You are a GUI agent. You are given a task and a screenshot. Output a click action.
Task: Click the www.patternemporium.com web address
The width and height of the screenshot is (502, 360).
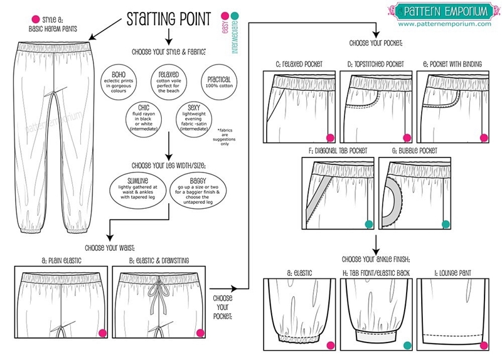(444, 24)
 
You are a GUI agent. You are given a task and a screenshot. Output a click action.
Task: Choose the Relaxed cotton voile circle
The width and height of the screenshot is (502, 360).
(166, 81)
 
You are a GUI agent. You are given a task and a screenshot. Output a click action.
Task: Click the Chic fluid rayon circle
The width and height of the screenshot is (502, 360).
(144, 117)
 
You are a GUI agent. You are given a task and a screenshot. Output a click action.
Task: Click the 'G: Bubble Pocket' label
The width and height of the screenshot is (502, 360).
(415, 151)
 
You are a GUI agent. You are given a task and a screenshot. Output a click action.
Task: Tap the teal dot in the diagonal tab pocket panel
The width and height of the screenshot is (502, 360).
(368, 223)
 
